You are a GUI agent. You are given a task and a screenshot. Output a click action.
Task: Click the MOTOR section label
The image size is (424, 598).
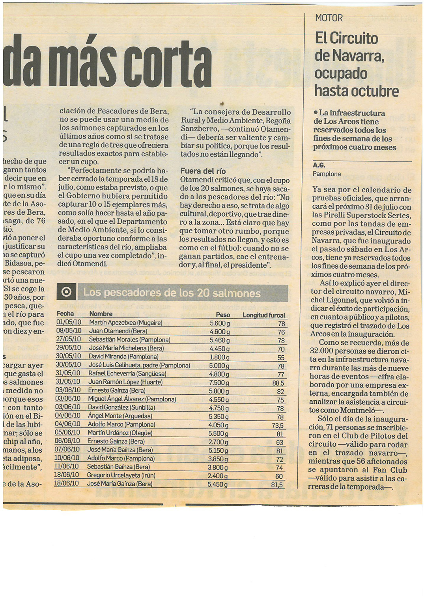(x=329, y=18)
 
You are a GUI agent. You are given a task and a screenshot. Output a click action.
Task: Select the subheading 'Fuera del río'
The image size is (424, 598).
(x=203, y=171)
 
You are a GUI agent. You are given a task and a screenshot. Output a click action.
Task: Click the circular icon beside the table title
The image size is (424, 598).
(x=67, y=292)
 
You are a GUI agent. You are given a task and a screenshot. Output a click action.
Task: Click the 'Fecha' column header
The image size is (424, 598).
(x=65, y=314)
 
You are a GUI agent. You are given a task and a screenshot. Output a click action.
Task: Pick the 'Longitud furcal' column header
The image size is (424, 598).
(x=263, y=315)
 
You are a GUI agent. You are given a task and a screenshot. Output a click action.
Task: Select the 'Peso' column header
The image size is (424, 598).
(x=223, y=315)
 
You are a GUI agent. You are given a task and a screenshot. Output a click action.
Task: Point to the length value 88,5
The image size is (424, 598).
(x=278, y=383)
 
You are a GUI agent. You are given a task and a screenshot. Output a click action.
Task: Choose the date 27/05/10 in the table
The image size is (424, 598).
(x=69, y=339)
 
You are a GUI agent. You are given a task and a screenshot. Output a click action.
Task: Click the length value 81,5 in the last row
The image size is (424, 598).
(x=277, y=485)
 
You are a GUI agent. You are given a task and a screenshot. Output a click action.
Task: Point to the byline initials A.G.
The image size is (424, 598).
(x=319, y=165)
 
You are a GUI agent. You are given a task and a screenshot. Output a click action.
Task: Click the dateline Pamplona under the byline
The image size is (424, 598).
(x=327, y=174)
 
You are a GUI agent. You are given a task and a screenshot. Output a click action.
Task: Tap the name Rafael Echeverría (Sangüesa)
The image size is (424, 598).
(x=127, y=373)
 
